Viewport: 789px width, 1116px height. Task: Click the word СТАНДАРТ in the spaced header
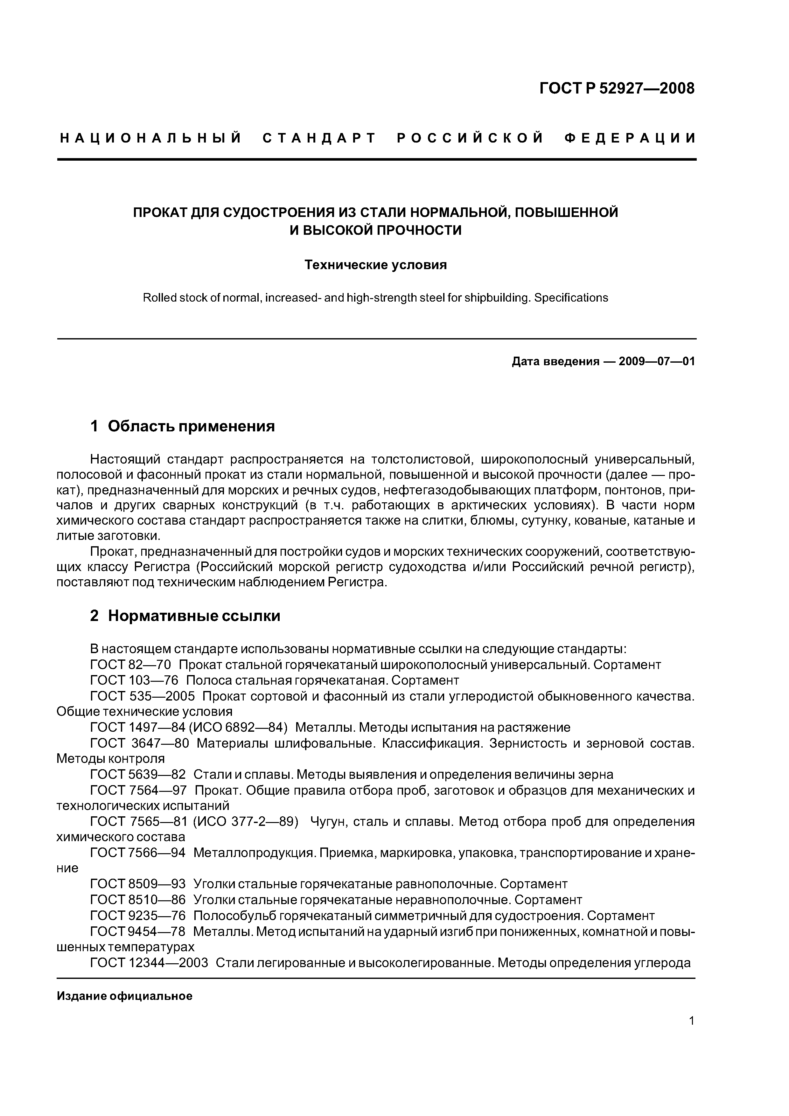coord(319,138)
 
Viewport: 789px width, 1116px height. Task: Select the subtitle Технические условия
coord(375,265)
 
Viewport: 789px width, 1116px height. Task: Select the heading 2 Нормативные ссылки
coord(185,616)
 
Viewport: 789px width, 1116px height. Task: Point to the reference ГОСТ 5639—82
coord(138,774)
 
